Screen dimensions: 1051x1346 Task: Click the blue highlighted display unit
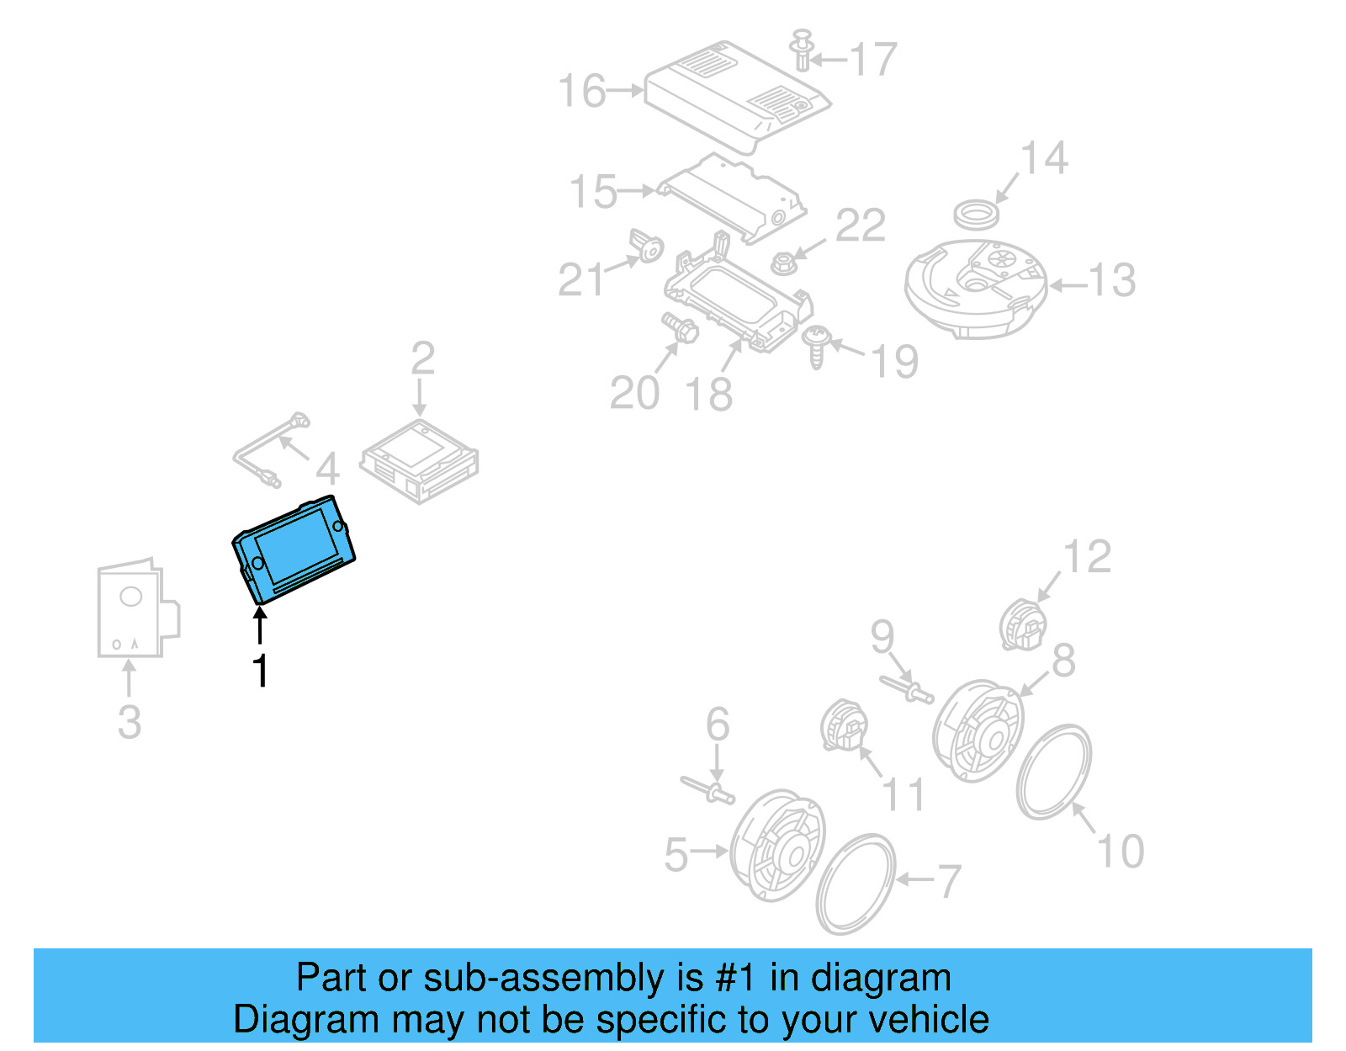pyautogui.click(x=294, y=549)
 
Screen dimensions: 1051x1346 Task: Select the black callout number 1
pyautogui.click(x=261, y=671)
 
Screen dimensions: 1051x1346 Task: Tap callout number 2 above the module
pyautogui.click(x=422, y=359)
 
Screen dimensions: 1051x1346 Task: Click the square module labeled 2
pyautogui.click(x=420, y=461)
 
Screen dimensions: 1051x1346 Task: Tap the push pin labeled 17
pyautogui.click(x=803, y=50)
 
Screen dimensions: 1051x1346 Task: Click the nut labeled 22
pyautogui.click(x=782, y=263)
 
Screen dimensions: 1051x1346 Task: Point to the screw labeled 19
pyautogui.click(x=815, y=345)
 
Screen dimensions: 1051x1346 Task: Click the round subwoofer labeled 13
pyautogui.click(x=975, y=286)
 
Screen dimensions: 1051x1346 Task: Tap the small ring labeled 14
pyautogui.click(x=977, y=215)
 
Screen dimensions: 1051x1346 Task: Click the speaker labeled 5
pyautogui.click(x=777, y=846)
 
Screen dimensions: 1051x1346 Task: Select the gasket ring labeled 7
pyautogui.click(x=856, y=884)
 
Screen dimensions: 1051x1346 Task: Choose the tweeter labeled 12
pyautogui.click(x=1023, y=624)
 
